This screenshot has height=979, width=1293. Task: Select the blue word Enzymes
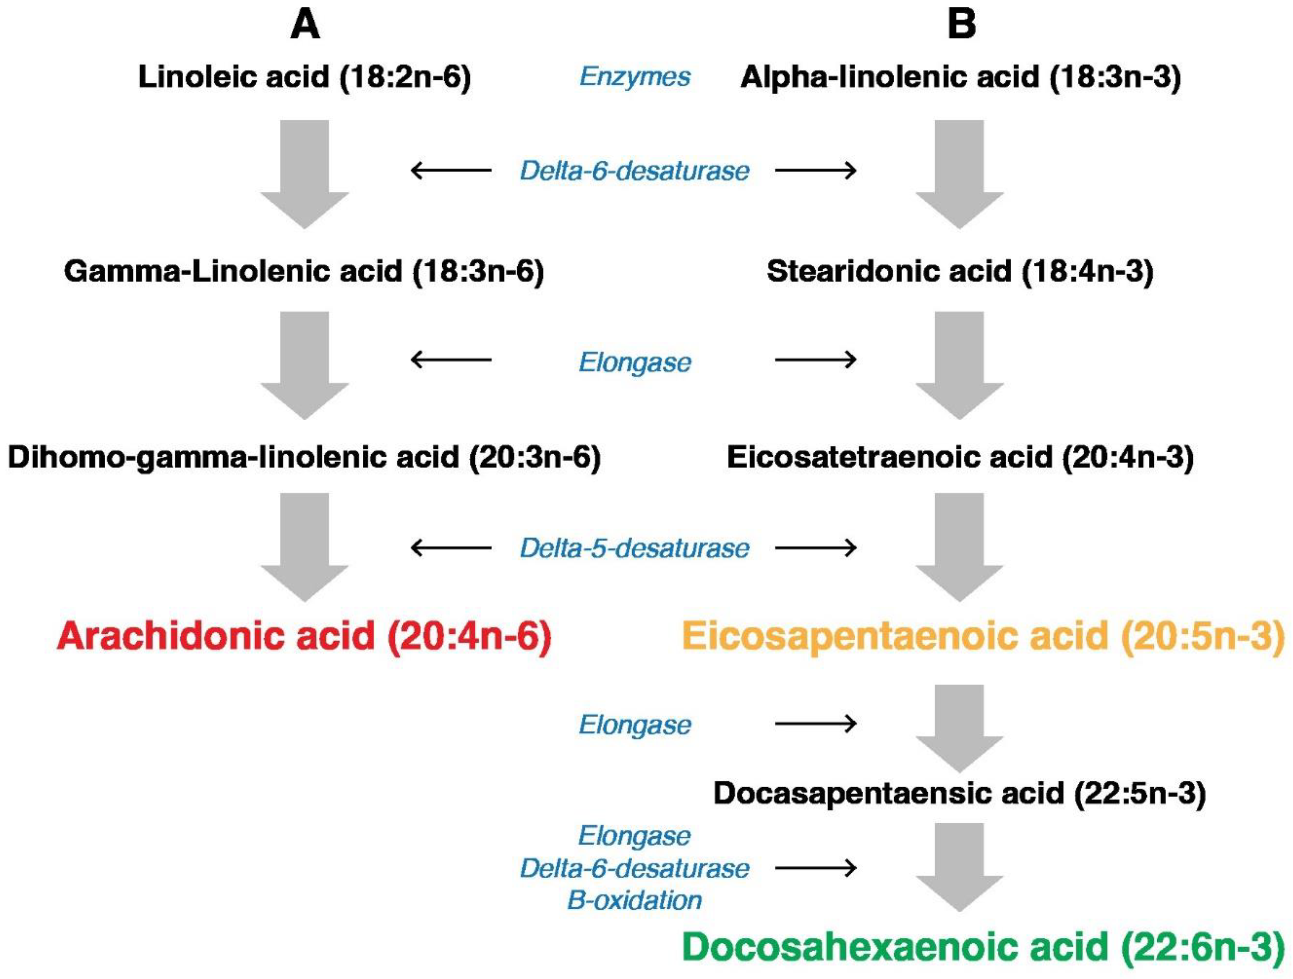[x=635, y=76]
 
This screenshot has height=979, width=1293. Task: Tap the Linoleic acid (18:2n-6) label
[x=305, y=76]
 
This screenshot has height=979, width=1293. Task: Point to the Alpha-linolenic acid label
[x=960, y=76]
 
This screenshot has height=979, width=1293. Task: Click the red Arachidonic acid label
[x=304, y=636]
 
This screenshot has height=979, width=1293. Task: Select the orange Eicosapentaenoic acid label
[x=983, y=636]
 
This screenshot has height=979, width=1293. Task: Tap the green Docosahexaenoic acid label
[x=983, y=947]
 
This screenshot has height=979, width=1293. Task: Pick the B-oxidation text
[x=634, y=900]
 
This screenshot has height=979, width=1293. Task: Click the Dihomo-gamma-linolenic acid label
[x=304, y=457]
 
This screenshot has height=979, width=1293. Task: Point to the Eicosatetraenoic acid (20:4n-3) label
[x=960, y=457]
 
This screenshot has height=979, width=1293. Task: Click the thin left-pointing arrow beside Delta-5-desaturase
[x=451, y=548]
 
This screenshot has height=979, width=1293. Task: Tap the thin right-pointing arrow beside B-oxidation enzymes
[x=815, y=868]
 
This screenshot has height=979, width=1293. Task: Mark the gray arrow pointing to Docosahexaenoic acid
[x=959, y=865]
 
